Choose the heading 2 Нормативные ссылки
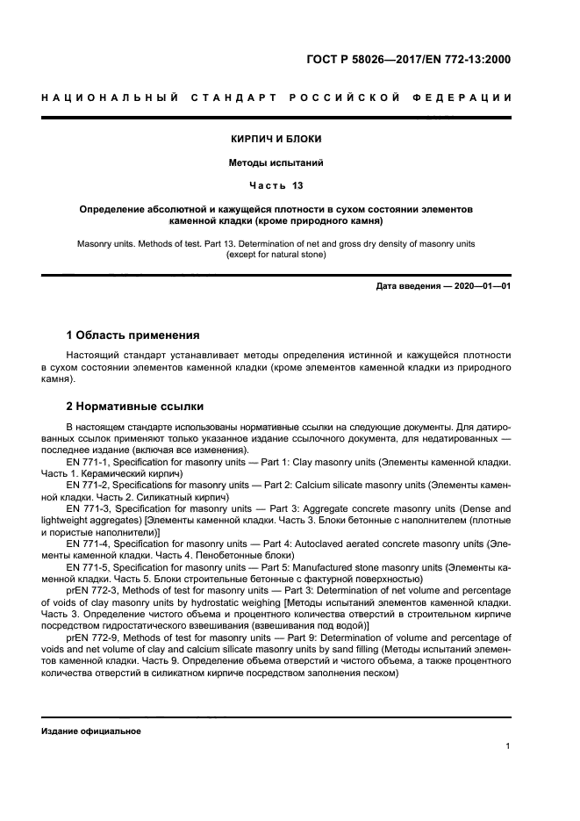[135, 407]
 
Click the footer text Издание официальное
[90, 731]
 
